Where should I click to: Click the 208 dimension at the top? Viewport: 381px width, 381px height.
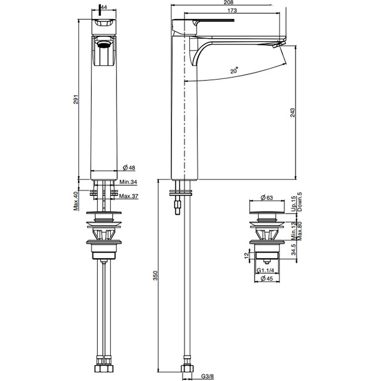click(229, 2)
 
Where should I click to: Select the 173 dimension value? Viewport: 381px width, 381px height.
click(232, 10)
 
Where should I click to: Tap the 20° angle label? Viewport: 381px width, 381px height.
click(234, 70)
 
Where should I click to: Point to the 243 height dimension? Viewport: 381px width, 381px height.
click(292, 113)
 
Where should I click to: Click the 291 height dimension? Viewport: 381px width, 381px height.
click(76, 99)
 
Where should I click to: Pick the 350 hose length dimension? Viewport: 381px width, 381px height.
click(155, 275)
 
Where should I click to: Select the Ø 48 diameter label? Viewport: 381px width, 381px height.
click(129, 167)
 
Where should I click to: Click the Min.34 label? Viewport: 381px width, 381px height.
click(128, 182)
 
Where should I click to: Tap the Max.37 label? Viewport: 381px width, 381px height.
click(129, 196)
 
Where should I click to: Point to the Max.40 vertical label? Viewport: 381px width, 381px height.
click(76, 201)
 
